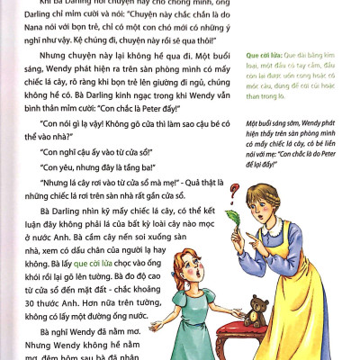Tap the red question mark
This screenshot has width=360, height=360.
tap(236, 191)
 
